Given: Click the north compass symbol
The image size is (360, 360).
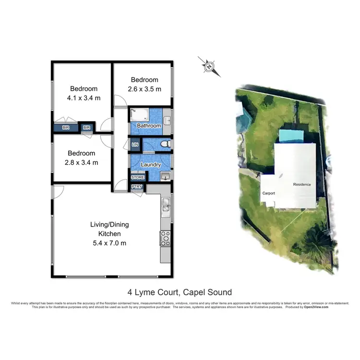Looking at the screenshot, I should [209, 66].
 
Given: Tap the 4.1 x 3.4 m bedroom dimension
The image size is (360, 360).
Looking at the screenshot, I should [84, 98].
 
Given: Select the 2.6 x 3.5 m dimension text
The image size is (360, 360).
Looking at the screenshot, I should [144, 89].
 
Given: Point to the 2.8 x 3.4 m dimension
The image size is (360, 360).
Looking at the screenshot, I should [82, 162].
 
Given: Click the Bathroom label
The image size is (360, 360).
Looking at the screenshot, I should [149, 126].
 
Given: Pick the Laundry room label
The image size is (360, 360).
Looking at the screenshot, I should [151, 165].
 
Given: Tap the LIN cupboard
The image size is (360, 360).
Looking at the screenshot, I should [135, 144].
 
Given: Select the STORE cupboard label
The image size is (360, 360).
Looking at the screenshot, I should [138, 177].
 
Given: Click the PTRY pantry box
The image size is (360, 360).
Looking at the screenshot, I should [137, 187].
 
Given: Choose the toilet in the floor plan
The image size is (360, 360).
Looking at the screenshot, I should [165, 144].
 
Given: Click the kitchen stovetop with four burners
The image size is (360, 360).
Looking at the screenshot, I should [166, 238].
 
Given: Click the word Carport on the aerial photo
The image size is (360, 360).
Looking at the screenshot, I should [268, 193].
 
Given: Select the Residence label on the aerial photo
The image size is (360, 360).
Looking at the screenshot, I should [302, 184].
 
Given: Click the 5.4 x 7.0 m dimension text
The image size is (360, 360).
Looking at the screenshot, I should [109, 243].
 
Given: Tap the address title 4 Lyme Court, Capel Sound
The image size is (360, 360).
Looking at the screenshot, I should [180, 292].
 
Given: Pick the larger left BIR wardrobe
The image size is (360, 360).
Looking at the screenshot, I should [66, 128].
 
